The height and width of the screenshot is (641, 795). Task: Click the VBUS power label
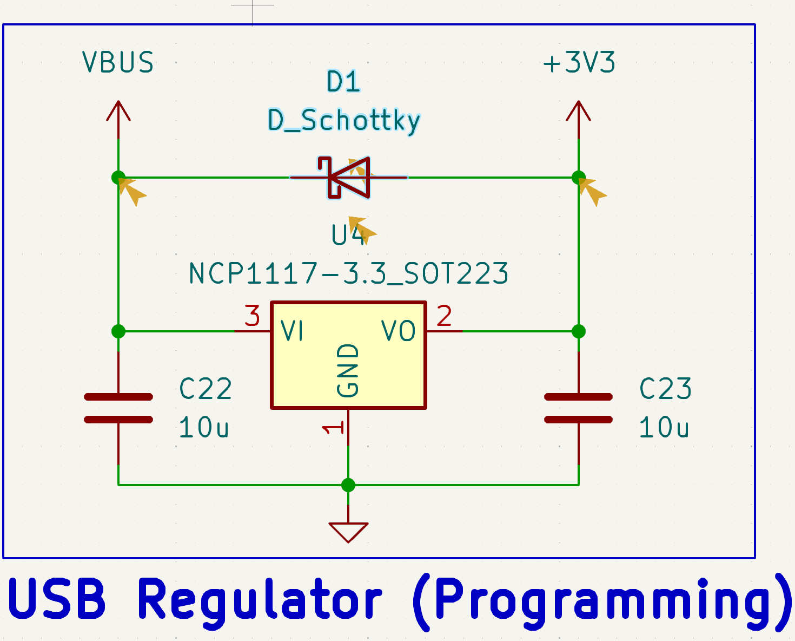pos(118,62)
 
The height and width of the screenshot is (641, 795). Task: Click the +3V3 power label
pos(579,63)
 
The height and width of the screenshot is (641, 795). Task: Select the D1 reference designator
pos(344,82)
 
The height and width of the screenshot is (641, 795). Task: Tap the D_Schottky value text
pos(344,120)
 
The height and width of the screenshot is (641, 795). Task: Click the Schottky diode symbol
pos(349,177)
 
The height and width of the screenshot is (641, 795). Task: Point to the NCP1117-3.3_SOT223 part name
pos(349,273)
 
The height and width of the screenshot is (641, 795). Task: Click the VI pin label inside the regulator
pos(293,331)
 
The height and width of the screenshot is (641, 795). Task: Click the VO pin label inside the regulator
pos(399,331)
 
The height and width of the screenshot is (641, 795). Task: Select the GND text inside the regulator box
pos(348,371)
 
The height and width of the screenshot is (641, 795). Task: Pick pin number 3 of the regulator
pos(253,316)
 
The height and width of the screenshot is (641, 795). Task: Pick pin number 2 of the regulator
pos(444,316)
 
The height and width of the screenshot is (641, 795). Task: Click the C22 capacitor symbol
pos(118,408)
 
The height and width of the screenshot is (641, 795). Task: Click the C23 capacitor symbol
pos(579,408)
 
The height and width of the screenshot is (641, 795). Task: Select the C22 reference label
pos(206,389)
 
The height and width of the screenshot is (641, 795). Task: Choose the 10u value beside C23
pos(664,428)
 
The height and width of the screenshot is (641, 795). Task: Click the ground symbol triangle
pos(348,531)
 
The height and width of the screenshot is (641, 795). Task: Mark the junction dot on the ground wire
pos(348,485)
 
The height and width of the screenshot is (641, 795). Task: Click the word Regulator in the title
pos(260,600)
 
